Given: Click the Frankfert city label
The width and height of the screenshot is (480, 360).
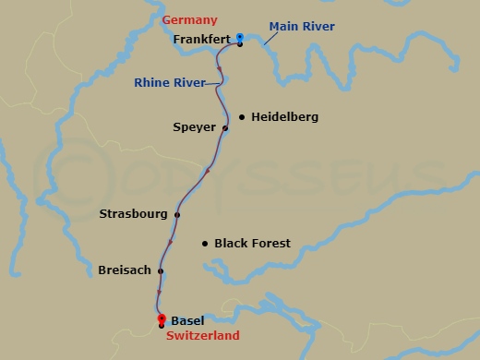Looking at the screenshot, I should [200, 40].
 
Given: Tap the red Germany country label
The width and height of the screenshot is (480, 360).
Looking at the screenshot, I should [189, 20].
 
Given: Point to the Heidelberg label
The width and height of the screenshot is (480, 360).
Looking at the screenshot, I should [280, 117].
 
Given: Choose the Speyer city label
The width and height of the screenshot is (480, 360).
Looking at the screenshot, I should [194, 127].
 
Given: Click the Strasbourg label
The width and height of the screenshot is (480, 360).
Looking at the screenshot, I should [133, 214].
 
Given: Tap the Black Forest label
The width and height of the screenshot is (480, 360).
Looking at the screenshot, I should [252, 244].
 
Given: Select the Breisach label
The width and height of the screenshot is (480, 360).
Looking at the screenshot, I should [125, 270].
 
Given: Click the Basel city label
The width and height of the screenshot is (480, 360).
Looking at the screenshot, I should [187, 320].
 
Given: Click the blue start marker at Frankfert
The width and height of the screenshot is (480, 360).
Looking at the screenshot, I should [240, 38].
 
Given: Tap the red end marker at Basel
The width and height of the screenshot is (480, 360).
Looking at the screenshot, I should [162, 319].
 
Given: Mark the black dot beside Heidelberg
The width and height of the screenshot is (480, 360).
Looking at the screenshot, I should [242, 117].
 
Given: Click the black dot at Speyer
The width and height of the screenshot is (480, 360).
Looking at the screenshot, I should [225, 128].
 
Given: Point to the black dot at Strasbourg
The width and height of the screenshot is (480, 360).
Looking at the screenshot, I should [177, 215].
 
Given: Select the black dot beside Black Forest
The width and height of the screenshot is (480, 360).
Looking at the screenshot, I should [204, 244].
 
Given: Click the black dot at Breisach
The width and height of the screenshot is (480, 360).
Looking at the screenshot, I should [161, 271].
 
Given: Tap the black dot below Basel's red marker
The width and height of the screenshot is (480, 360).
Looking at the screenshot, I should [162, 326].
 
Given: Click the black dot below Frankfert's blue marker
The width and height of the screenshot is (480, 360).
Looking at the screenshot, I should [240, 44].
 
